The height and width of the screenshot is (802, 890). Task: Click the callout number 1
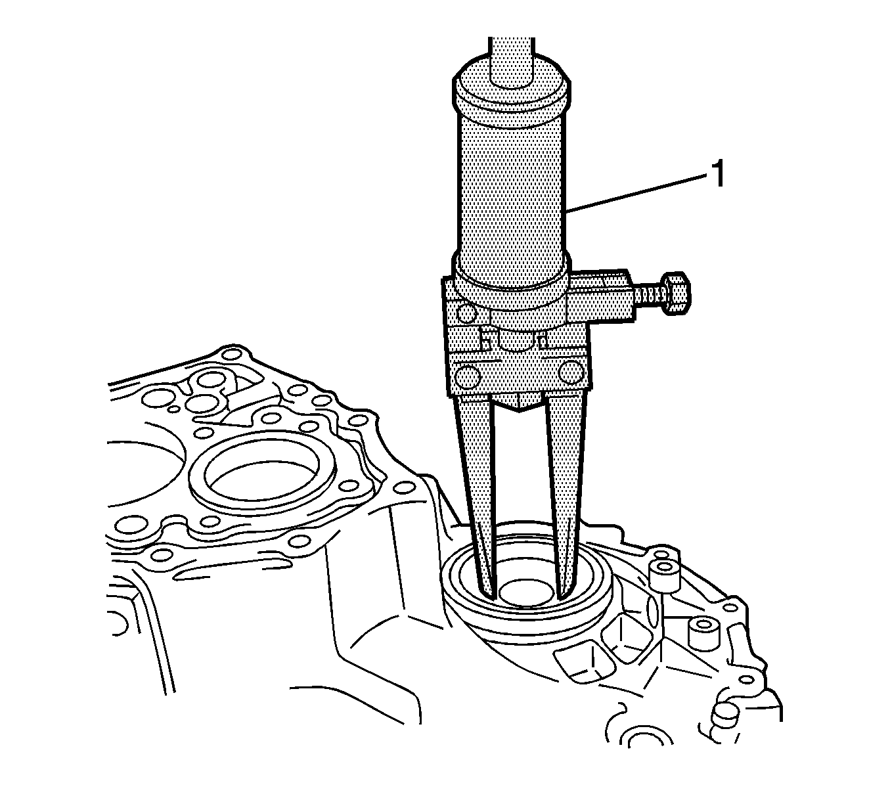[718, 175]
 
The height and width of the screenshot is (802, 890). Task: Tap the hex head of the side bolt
[675, 294]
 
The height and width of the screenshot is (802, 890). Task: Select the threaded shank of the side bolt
[647, 294]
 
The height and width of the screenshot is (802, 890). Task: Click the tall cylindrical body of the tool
[511, 187]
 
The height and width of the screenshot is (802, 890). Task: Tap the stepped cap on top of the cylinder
[511, 93]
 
